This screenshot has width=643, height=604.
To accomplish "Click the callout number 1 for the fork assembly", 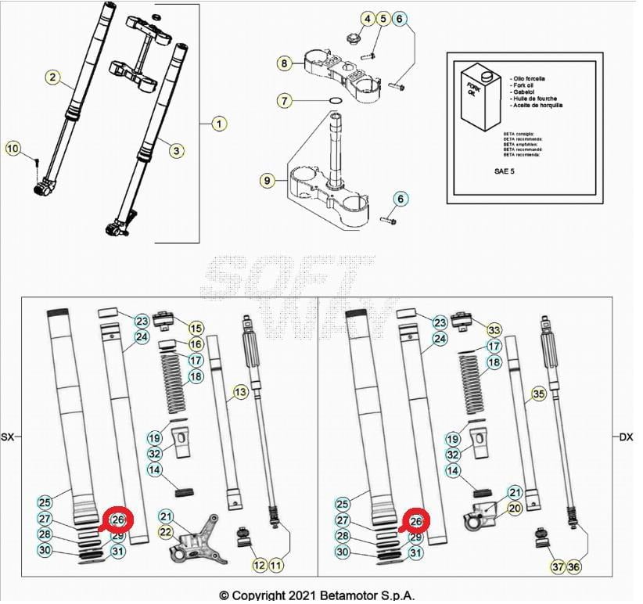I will (219, 124).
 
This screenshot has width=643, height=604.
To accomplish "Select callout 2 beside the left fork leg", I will (52, 77).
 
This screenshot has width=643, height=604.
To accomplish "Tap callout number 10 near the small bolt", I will (13, 148).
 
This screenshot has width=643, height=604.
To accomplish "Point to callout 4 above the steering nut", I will (366, 18).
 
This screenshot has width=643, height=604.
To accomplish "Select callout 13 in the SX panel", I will (239, 391).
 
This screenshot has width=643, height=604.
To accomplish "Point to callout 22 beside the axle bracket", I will (165, 532).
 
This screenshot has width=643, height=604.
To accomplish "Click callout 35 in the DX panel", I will (538, 394).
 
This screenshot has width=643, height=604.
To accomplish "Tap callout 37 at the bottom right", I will (557, 566).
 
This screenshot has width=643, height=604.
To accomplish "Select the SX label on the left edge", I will (9, 437).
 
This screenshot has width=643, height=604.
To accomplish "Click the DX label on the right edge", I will (626, 437).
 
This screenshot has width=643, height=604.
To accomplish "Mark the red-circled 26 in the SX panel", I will (118, 519).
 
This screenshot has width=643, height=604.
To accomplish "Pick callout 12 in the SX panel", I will (259, 565).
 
